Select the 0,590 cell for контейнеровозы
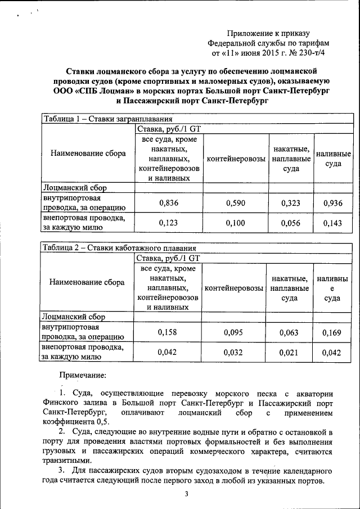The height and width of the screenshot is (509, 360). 236,203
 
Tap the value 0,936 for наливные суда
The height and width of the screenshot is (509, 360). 333,203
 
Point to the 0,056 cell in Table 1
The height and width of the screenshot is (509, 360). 290,223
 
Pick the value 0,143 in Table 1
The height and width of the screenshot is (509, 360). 333,223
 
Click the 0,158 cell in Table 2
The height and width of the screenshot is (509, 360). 167,332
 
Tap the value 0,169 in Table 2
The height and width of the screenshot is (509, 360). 332,332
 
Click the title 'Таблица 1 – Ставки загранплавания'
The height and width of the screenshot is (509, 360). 107,119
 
